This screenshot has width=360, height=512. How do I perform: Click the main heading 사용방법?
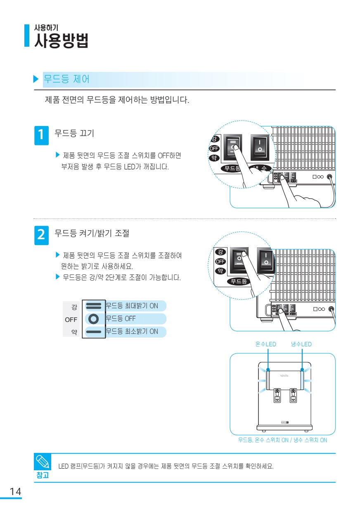pyautogui.click(x=61, y=41)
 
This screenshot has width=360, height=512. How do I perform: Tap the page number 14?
pyautogui.click(x=15, y=491)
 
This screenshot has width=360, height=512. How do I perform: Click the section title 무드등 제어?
pyautogui.click(x=66, y=79)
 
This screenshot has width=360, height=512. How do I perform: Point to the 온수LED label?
pyautogui.click(x=266, y=344)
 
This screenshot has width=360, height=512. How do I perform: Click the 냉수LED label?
pyautogui.click(x=301, y=344)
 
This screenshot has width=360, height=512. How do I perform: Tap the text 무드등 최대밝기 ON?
pyautogui.click(x=132, y=306)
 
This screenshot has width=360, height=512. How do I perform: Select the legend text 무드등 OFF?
pyautogui.click(x=121, y=319)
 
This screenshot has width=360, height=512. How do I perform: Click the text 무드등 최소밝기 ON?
pyautogui.click(x=132, y=332)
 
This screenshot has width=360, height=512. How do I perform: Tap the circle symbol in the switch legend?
pyautogui.click(x=94, y=319)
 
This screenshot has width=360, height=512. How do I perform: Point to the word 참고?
pyautogui.click(x=43, y=475)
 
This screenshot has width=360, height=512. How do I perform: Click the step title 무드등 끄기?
pyautogui.click(x=74, y=133)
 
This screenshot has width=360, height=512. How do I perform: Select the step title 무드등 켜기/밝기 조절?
pyautogui.click(x=92, y=233)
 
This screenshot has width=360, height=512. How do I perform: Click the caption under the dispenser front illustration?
pyautogui.click(x=282, y=440)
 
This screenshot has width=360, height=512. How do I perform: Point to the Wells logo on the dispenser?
pyautogui.click(x=285, y=376)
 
